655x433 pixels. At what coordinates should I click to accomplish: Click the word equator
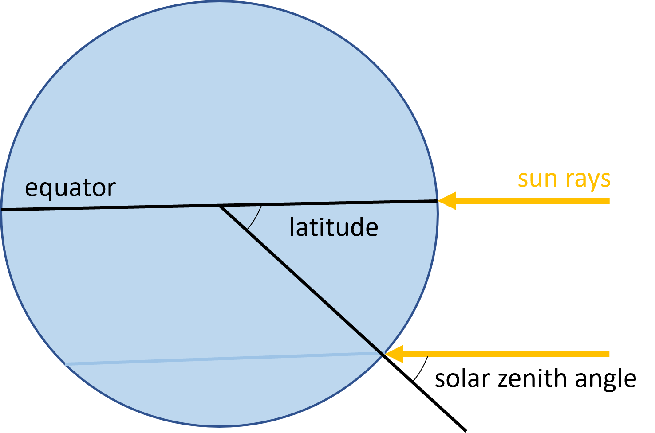click(70, 188)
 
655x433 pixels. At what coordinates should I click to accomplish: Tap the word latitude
click(333, 227)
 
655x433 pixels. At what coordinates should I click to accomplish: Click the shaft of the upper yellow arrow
click(533, 201)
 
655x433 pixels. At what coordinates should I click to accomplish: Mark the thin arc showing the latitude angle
click(255, 218)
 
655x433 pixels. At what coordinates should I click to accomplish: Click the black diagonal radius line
click(302, 280)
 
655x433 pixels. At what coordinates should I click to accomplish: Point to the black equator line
click(133, 207)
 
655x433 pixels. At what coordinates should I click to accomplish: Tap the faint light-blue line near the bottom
click(222, 359)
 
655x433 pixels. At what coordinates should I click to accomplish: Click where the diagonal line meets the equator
click(220, 206)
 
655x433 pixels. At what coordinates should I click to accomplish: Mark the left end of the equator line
click(3, 210)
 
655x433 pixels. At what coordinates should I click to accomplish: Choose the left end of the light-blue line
click(66, 364)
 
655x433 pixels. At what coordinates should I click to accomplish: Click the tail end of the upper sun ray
click(608, 201)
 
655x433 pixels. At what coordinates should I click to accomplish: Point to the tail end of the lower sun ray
click(608, 354)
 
